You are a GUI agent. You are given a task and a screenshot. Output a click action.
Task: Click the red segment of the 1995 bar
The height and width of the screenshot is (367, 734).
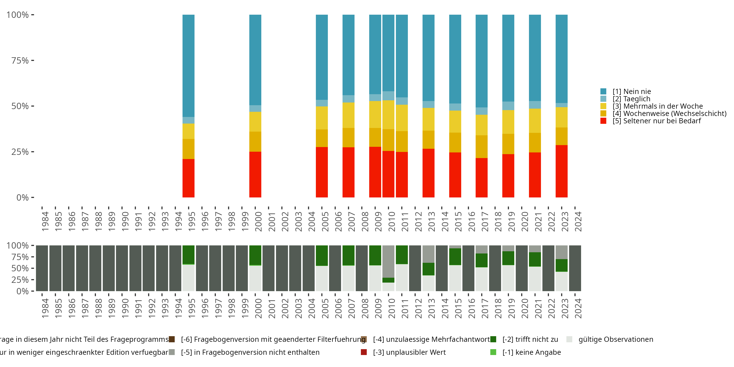(x=188, y=178)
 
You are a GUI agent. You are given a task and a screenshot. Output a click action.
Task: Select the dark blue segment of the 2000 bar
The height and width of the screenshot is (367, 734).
(x=255, y=60)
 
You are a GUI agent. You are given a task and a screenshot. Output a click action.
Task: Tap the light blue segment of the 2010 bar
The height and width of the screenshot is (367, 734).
(x=388, y=96)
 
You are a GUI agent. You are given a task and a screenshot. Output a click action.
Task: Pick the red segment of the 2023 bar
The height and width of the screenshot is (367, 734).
(x=561, y=171)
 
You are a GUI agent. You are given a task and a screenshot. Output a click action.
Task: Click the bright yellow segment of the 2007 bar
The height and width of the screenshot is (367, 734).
(x=348, y=115)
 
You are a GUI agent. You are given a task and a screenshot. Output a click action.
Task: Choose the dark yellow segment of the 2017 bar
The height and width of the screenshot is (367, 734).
(x=481, y=147)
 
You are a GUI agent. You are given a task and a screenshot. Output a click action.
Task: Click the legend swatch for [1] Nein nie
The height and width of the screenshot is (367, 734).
(x=603, y=92)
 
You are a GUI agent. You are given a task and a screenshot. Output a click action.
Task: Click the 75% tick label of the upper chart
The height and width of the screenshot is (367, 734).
(x=20, y=60)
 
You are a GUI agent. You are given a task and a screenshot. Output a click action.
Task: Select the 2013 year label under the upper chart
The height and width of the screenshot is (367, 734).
(x=431, y=221)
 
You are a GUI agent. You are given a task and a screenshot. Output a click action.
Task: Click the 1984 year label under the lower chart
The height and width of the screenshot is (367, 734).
(x=45, y=308)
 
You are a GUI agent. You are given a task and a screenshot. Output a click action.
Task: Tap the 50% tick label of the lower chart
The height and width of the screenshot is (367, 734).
(x=20, y=268)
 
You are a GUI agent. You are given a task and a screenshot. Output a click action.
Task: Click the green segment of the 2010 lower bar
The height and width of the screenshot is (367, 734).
(x=388, y=280)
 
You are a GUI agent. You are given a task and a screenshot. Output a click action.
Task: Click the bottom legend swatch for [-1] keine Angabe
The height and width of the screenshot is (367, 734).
(x=493, y=352)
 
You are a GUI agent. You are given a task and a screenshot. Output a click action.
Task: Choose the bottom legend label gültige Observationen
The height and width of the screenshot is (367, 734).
(x=616, y=339)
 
